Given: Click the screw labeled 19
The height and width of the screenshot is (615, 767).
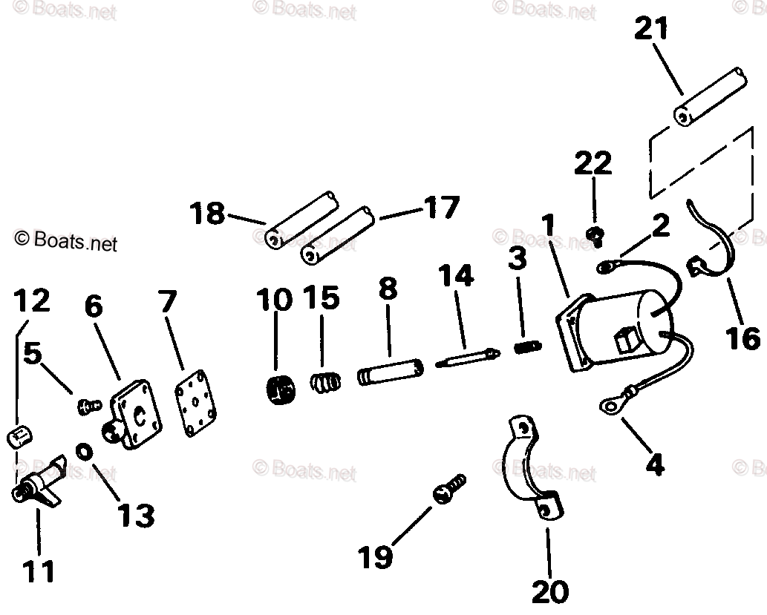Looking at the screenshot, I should (448, 490).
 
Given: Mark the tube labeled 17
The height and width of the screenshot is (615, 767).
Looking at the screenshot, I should (338, 234).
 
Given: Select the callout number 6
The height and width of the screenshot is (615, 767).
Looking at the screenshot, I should (94, 306).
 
